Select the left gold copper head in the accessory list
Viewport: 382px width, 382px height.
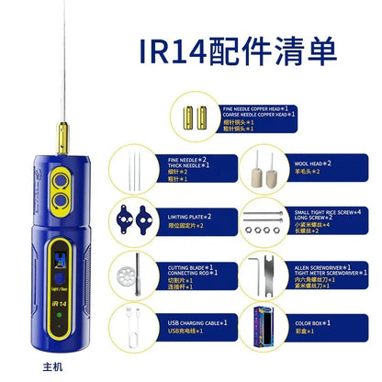193,117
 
